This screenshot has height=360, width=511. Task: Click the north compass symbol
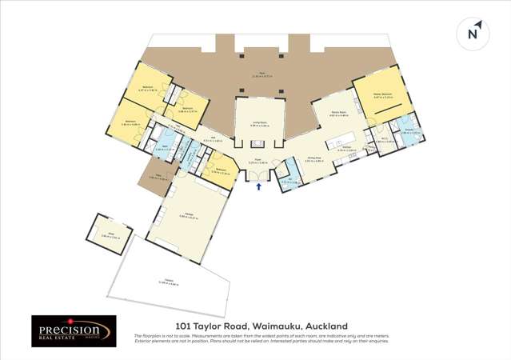click(x=472, y=33)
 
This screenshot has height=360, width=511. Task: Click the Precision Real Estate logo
click(x=74, y=330)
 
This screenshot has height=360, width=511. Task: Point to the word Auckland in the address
click(x=326, y=326)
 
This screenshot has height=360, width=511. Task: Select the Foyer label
click(x=258, y=161)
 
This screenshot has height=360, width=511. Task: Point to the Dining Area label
click(x=314, y=159)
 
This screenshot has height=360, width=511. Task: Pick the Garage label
click(x=189, y=214)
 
